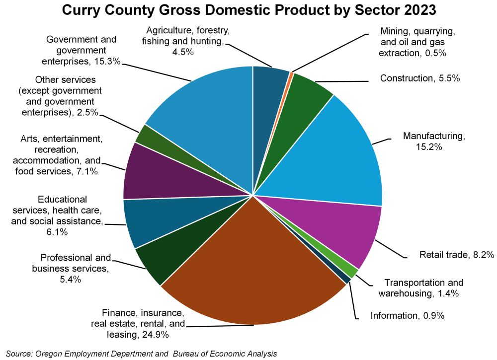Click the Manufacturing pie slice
[x=338, y=154]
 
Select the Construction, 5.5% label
[x=419, y=78]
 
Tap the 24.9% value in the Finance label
[x=155, y=335]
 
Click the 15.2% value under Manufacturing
[x=429, y=147]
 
